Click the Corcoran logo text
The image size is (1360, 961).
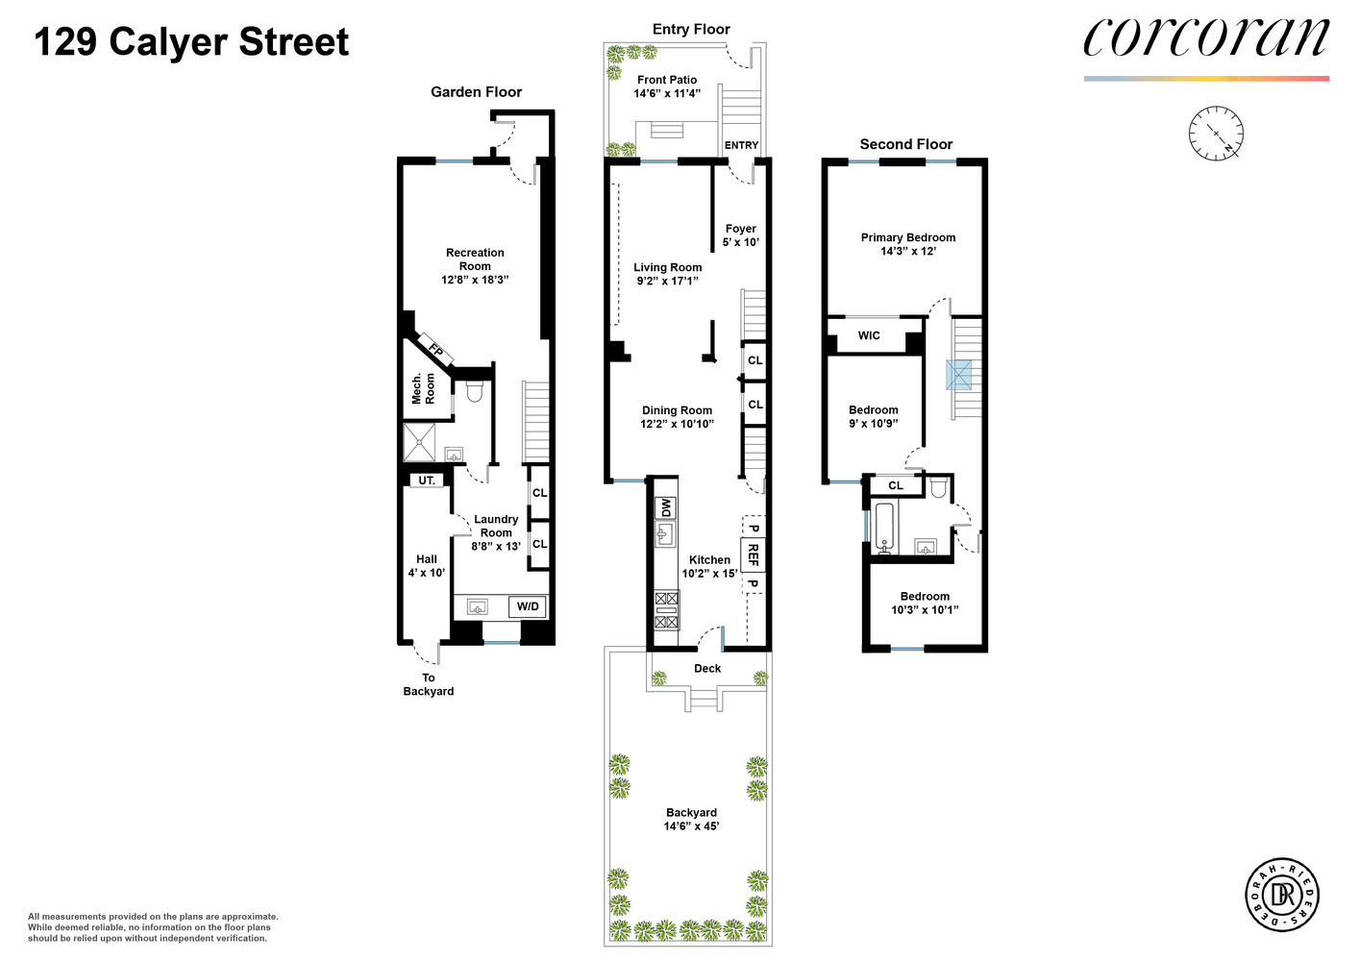[x=1205, y=39]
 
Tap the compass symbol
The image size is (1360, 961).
[x=1216, y=133]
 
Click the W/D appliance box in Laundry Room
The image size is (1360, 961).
[x=528, y=606]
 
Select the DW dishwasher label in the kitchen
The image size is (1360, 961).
[x=665, y=507]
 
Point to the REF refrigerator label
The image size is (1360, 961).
[x=753, y=554]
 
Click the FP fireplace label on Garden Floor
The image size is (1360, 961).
[x=435, y=351]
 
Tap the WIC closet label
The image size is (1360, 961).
[x=869, y=335]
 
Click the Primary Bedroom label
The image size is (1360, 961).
[x=907, y=244]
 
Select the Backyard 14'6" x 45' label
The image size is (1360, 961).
[x=691, y=819]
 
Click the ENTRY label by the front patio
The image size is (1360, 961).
[x=741, y=145]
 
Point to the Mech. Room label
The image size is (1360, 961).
[x=423, y=389]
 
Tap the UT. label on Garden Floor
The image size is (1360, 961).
[x=427, y=480]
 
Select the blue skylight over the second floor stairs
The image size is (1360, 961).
[x=958, y=375]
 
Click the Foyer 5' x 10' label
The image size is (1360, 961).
[x=740, y=235]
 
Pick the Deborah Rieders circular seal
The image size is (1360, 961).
[x=1282, y=895]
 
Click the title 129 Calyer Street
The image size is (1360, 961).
[x=191, y=42]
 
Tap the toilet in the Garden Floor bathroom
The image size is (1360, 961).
[x=474, y=391]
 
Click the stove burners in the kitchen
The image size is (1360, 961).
[x=666, y=610]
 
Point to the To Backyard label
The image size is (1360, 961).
[x=428, y=684]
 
